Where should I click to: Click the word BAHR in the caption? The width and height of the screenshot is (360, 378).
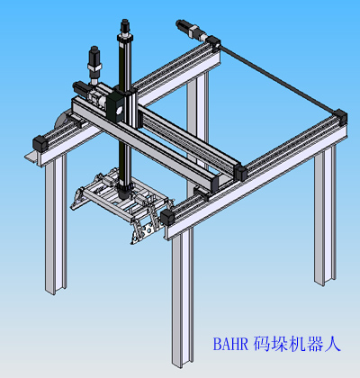pyautogui.click(x=230, y=344)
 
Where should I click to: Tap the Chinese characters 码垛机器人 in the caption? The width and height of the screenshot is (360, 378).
pyautogui.click(x=297, y=344)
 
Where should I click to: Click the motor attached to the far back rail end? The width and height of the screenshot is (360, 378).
pyautogui.click(x=191, y=30)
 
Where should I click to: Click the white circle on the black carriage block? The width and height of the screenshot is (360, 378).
pyautogui.click(x=119, y=111)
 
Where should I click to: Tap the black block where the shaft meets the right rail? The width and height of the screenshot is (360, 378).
pyautogui.click(x=340, y=117)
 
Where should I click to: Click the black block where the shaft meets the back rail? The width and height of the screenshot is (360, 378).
pyautogui.click(x=213, y=42)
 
